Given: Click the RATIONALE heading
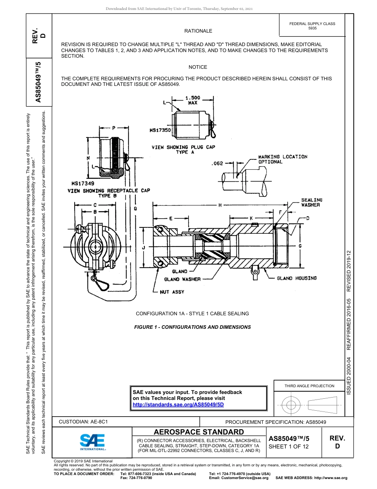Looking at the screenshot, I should click(198, 31).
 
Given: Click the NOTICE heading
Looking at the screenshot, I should click(198, 67).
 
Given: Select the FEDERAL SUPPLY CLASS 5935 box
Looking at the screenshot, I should click(312, 26).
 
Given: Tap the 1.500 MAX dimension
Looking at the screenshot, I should click(193, 100).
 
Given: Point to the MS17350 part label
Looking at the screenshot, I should click(160, 130).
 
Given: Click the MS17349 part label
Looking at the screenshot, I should click(83, 184).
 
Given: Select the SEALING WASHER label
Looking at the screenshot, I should click(312, 202).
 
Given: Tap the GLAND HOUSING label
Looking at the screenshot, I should click(297, 278).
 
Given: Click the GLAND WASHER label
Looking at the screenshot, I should click(182, 279).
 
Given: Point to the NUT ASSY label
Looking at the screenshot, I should click(172, 292).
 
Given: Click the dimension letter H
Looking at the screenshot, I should click(219, 205).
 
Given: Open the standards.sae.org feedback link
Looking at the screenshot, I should click(178, 404).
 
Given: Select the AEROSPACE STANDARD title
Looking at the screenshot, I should click(199, 432).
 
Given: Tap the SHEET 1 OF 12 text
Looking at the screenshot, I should click(289, 446).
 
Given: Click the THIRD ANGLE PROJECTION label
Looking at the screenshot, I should click(309, 386).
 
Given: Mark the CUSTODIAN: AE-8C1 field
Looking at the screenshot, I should click(83, 421).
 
